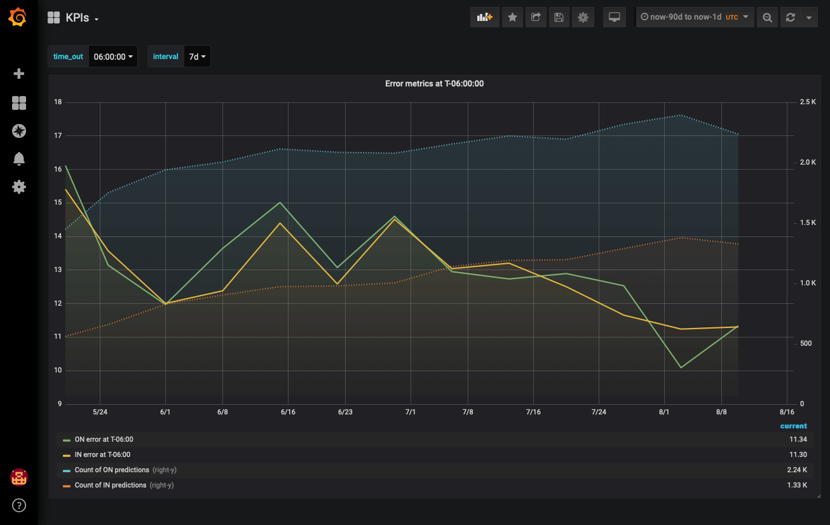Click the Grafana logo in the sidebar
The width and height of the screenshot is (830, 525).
(x=18, y=17)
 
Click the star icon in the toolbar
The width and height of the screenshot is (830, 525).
(x=512, y=17)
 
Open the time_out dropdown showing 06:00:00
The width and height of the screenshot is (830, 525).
(x=113, y=57)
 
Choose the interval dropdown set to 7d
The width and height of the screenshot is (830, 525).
(x=197, y=57)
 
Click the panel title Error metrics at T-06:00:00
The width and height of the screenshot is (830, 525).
(x=434, y=83)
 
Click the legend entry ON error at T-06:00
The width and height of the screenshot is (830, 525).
(x=104, y=439)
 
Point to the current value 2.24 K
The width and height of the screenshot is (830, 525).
(x=797, y=470)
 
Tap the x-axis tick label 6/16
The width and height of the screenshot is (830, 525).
(x=288, y=412)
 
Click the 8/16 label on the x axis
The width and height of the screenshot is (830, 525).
(x=787, y=412)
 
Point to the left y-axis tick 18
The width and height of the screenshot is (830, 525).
(x=58, y=102)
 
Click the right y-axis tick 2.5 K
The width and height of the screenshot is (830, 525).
(x=808, y=102)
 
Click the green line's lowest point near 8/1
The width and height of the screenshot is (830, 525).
(x=681, y=367)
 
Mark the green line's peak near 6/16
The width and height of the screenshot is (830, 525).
(x=280, y=203)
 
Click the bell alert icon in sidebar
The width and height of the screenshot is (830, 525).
(x=19, y=159)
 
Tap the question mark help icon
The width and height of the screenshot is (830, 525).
(x=19, y=506)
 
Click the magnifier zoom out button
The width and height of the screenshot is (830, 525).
(x=767, y=17)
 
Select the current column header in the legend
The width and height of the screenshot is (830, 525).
(x=793, y=426)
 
